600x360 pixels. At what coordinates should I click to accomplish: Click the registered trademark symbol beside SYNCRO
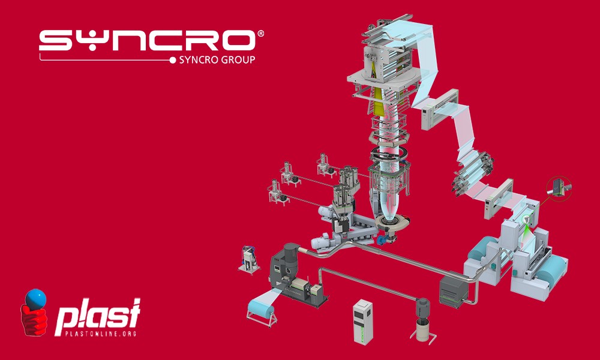click(260, 34)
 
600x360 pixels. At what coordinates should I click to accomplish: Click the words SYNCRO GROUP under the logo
click(217, 59)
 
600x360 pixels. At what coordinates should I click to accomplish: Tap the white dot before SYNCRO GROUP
click(173, 59)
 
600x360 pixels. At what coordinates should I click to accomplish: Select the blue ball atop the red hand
click(35, 298)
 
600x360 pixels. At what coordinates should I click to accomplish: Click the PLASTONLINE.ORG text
click(101, 334)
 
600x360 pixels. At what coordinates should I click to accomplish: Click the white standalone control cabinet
click(362, 322)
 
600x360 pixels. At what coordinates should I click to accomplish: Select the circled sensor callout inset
click(559, 188)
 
